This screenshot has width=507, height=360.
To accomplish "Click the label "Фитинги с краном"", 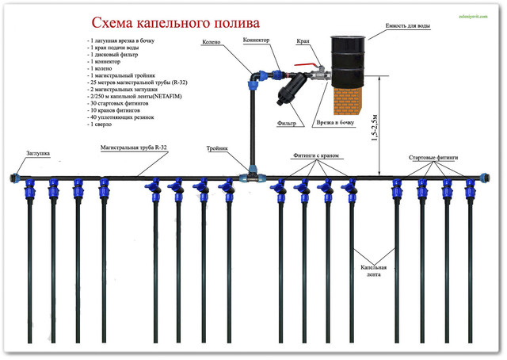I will coord(318,155).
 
